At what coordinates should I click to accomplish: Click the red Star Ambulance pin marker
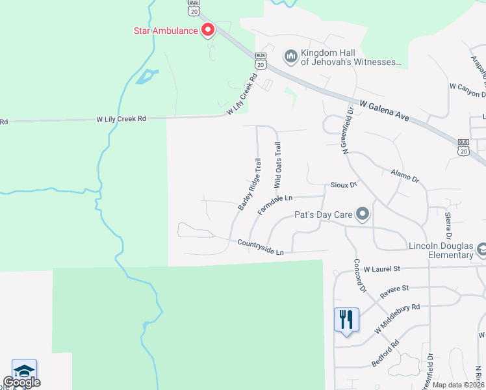point(208,30)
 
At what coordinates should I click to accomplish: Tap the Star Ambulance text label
point(165,30)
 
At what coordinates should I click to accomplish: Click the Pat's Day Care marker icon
point(363,213)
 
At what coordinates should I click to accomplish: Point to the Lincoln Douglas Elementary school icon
point(481,249)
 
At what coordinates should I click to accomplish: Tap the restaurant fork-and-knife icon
point(346,319)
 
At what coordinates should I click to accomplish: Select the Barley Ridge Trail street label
point(249,184)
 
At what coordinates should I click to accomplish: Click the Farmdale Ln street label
point(275,202)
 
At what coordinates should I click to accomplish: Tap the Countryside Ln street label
point(261,247)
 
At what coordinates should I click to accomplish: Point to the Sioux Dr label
point(344,185)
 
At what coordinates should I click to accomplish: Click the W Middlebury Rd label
point(397,319)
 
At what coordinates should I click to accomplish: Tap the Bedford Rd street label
point(381,356)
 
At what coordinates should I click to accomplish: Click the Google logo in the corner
point(21,382)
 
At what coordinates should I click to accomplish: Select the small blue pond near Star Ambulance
point(146,77)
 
